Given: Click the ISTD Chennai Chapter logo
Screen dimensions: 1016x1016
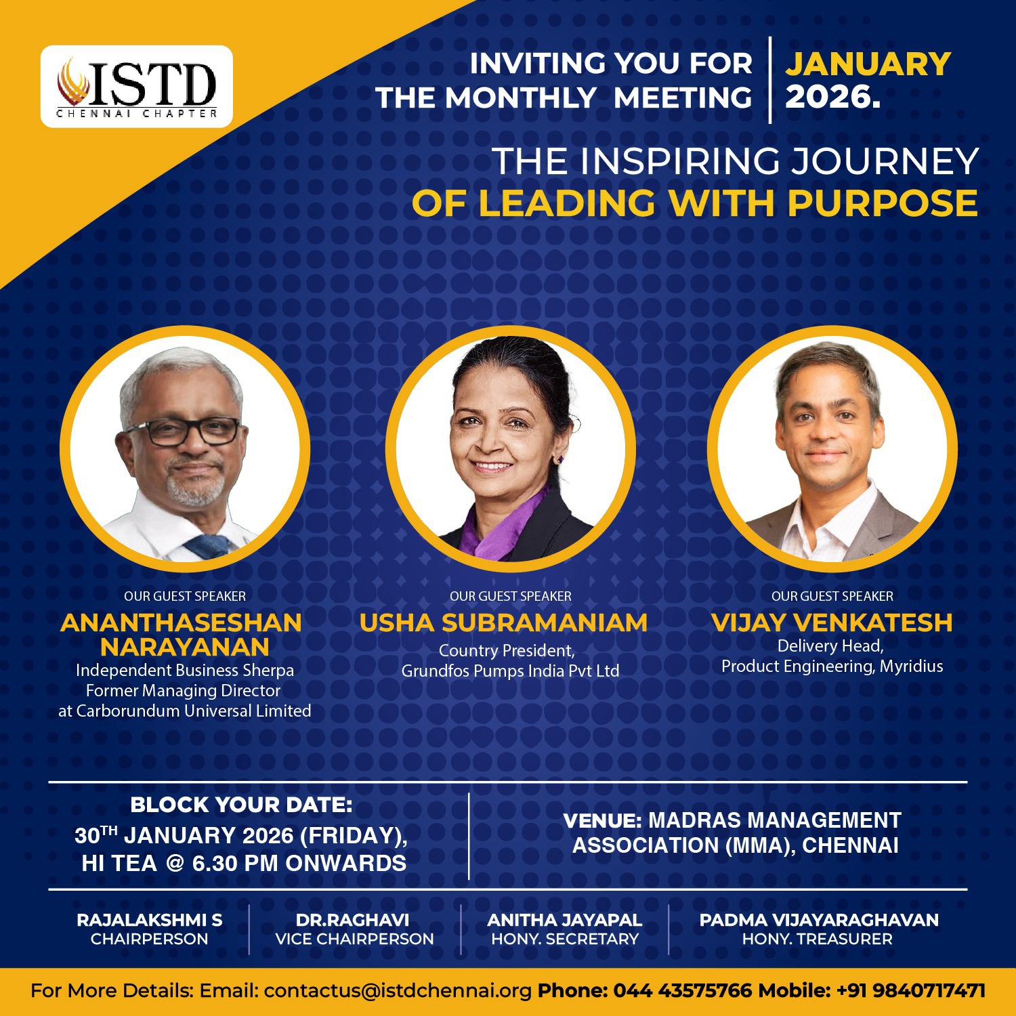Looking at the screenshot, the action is (136, 87).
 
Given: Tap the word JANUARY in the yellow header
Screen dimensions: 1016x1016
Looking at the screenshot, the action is (868, 64).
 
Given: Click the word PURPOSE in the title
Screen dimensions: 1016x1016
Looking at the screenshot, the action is (883, 203).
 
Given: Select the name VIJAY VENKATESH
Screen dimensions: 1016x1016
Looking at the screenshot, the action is (832, 622).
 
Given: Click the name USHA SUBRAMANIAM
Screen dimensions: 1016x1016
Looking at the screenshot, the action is (503, 622).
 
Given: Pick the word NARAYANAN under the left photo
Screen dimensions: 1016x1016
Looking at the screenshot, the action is (185, 648).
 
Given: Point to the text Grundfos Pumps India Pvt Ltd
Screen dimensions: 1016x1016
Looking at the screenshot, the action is (510, 671).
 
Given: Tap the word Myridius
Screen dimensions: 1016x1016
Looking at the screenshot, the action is (912, 666).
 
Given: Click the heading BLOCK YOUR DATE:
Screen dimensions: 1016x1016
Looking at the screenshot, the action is (241, 805).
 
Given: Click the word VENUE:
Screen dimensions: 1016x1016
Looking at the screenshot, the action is (603, 820).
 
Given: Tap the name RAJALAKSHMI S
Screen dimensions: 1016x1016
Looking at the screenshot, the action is (149, 920).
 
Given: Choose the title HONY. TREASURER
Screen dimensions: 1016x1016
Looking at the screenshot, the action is (818, 939).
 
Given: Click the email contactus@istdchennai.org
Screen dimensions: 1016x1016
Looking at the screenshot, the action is (398, 991).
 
